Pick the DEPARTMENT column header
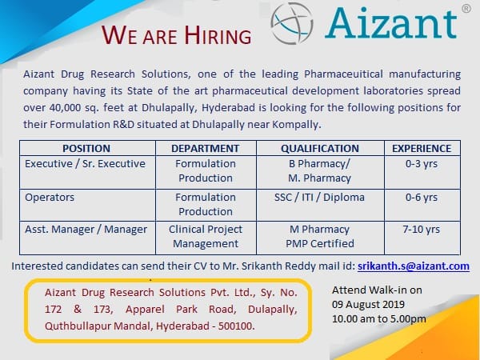click(205, 148)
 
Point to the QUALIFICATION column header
click(319, 148)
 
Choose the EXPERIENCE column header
click(421, 148)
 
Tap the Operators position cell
click(50, 197)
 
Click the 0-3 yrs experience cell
click(422, 163)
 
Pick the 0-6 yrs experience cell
click(422, 197)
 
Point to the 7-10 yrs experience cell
click(422, 230)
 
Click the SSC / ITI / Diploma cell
click(319, 197)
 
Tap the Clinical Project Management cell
click(206, 237)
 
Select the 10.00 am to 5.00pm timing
click(378, 319)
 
